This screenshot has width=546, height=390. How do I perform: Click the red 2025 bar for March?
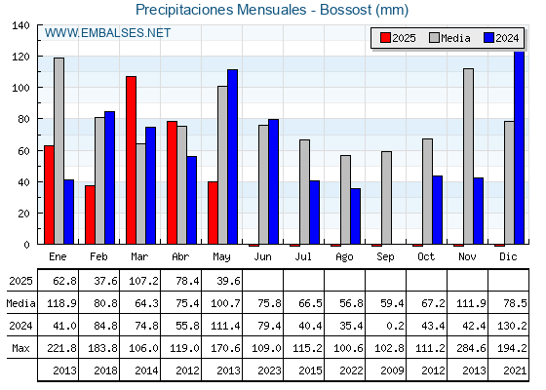[x=132, y=160]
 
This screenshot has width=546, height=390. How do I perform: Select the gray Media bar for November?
[x=468, y=156]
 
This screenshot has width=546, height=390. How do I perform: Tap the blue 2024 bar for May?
[x=233, y=157]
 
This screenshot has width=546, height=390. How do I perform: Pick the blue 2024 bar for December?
[x=519, y=147]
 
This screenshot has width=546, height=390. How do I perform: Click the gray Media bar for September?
[x=386, y=198]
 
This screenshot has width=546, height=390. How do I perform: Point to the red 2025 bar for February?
[x=90, y=214]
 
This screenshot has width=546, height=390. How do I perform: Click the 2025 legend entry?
[x=398, y=38]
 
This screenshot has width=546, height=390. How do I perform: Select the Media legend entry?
[x=449, y=38]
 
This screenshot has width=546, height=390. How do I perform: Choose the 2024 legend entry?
[x=501, y=38]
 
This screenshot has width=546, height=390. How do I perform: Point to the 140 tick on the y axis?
[x=20, y=25]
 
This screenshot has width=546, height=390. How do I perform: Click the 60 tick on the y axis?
[x=23, y=151]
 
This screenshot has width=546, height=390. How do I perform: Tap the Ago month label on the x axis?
[x=344, y=257]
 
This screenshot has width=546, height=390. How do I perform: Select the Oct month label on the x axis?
[x=426, y=256]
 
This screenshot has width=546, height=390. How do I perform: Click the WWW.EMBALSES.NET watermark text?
[x=107, y=33]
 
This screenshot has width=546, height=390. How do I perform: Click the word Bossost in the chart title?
[x=346, y=10]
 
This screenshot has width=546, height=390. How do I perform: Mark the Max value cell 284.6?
[x=471, y=348]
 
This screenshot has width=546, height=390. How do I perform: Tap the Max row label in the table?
[x=20, y=348]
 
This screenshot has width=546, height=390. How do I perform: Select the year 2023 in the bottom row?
[x=269, y=370]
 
